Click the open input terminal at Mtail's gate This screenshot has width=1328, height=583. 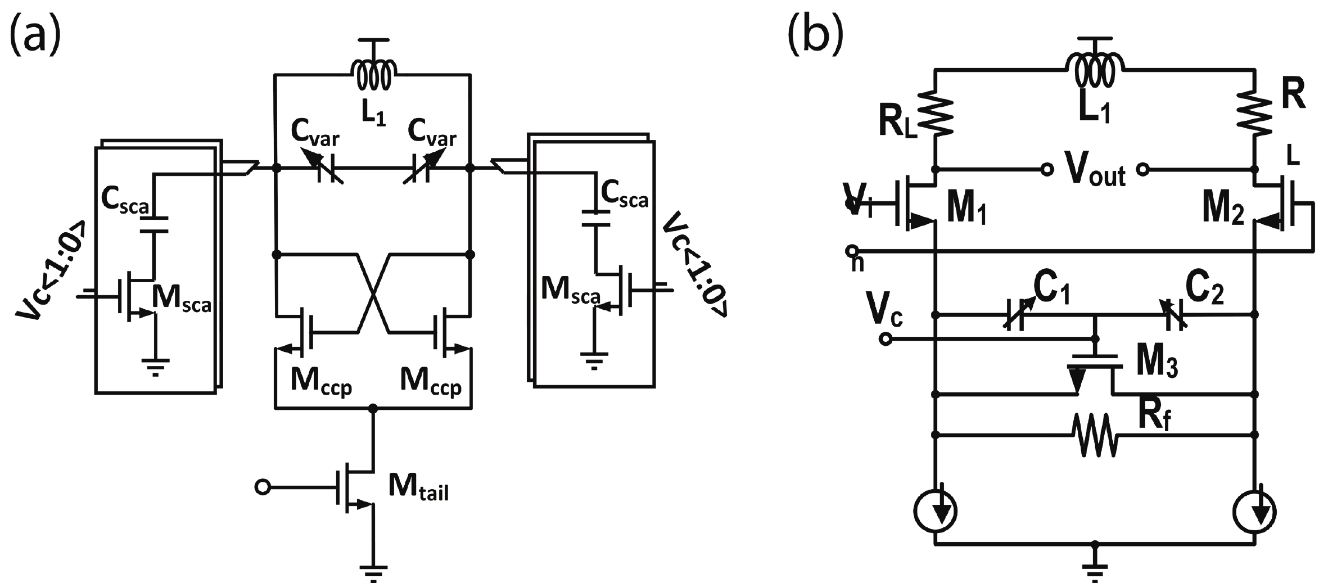coord(262,487)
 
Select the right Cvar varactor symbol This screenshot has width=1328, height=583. coord(421,169)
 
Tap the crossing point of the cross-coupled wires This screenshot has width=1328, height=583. coord(373,293)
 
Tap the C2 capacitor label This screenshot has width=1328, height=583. coord(1204,290)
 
